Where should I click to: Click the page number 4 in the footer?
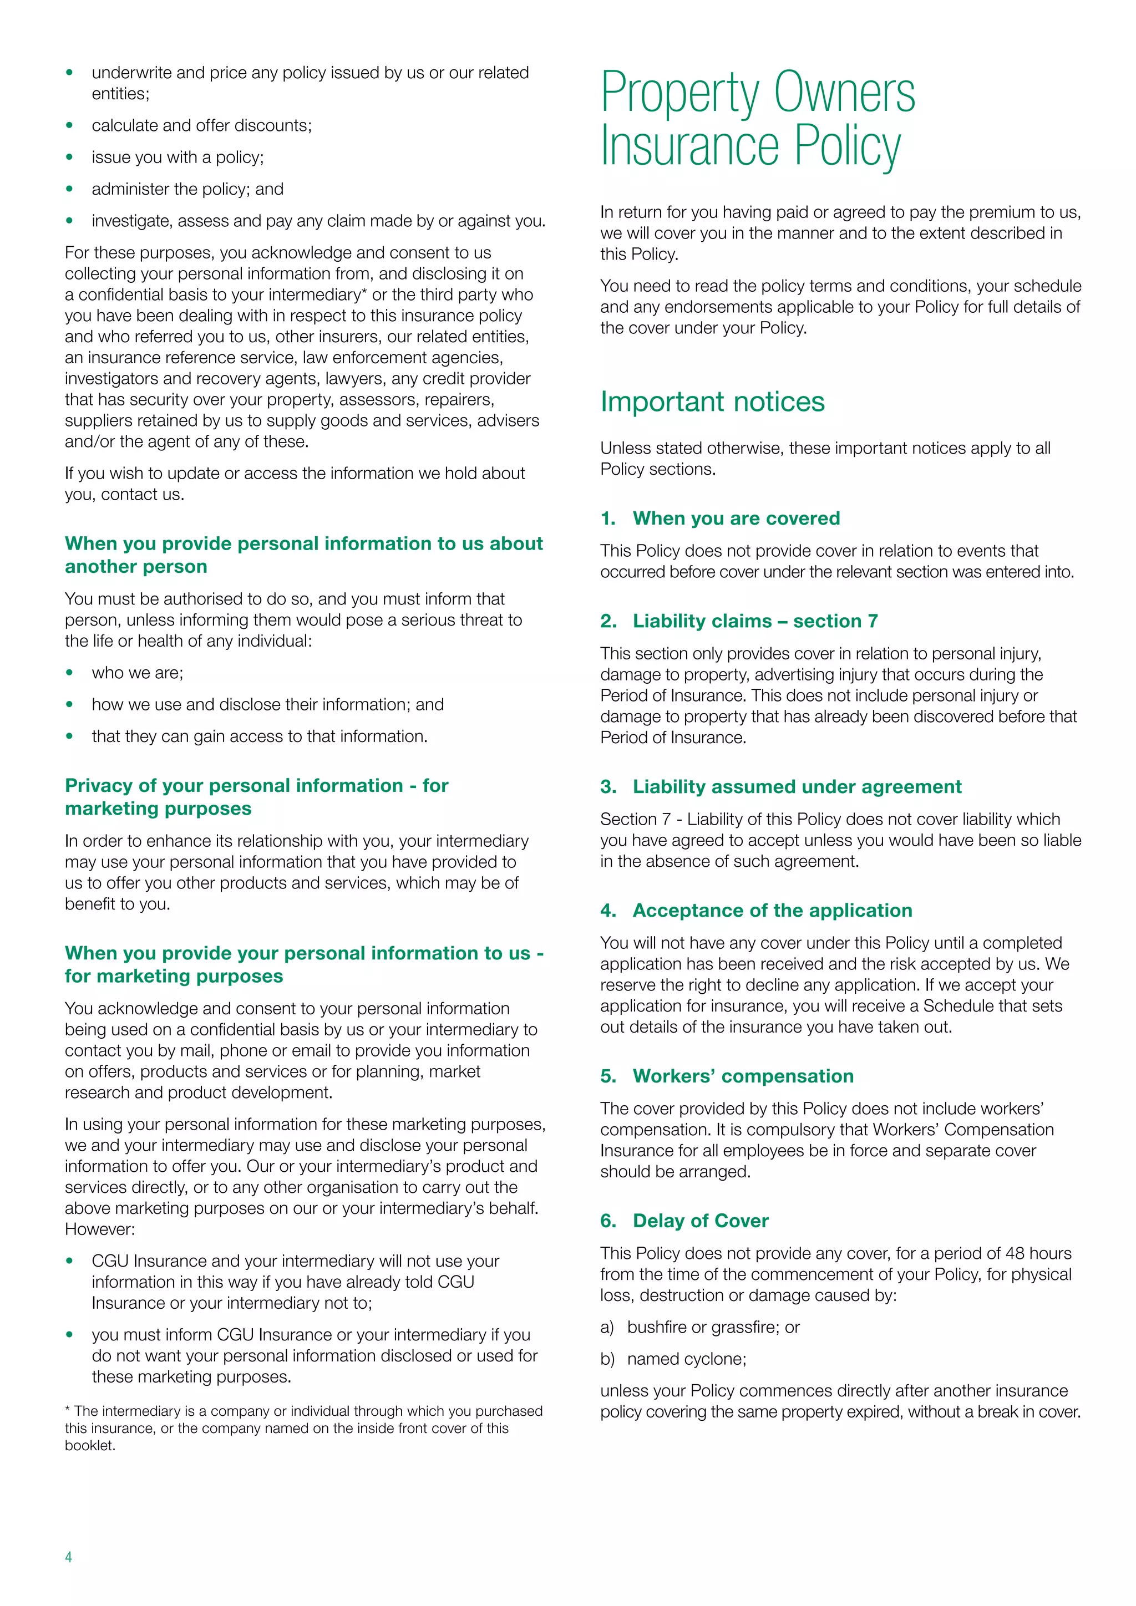click(69, 1556)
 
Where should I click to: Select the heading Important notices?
click(712, 402)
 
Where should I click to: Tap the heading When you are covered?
click(736, 519)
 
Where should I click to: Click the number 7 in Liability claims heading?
click(873, 621)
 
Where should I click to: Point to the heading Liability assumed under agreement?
click(797, 787)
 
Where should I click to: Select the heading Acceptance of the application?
click(772, 911)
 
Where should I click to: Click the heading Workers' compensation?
click(743, 1076)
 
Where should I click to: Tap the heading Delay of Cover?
click(700, 1221)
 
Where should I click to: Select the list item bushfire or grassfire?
click(713, 1328)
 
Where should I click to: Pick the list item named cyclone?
click(686, 1359)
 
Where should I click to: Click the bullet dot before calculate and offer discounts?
click(69, 126)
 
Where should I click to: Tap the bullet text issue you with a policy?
click(177, 157)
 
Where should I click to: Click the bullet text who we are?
click(137, 673)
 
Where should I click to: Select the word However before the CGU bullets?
click(99, 1229)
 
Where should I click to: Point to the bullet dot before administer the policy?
click(69, 190)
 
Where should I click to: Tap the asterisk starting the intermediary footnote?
click(68, 1410)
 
